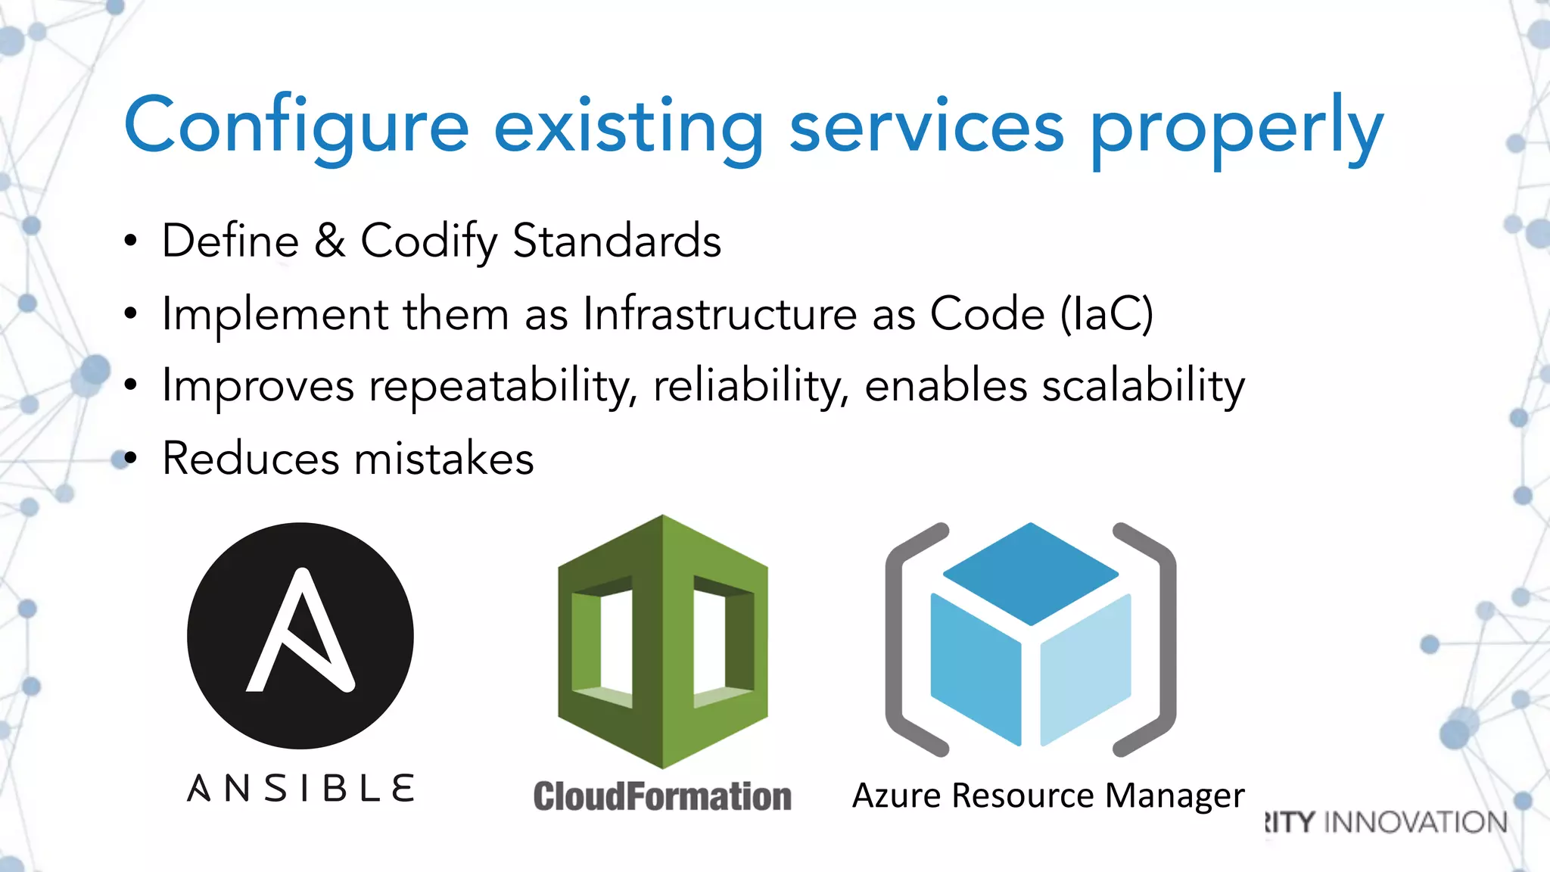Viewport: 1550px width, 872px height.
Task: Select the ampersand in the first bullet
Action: tap(330, 241)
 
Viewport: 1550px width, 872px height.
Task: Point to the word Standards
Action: tap(617, 241)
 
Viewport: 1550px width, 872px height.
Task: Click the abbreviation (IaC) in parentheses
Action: tap(1106, 314)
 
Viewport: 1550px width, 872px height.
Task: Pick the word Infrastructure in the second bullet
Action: tap(720, 313)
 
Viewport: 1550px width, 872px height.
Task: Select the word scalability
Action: tap(1143, 385)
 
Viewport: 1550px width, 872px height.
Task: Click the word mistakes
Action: tap(444, 459)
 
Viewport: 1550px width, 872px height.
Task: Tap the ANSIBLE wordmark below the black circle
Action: tap(301, 788)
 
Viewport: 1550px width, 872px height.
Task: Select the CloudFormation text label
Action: tap(662, 796)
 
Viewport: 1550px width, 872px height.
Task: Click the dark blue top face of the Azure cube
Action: tap(1031, 572)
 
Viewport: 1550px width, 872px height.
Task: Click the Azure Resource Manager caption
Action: tap(1048, 796)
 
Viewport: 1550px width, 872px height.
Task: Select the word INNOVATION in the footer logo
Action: tap(1417, 822)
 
